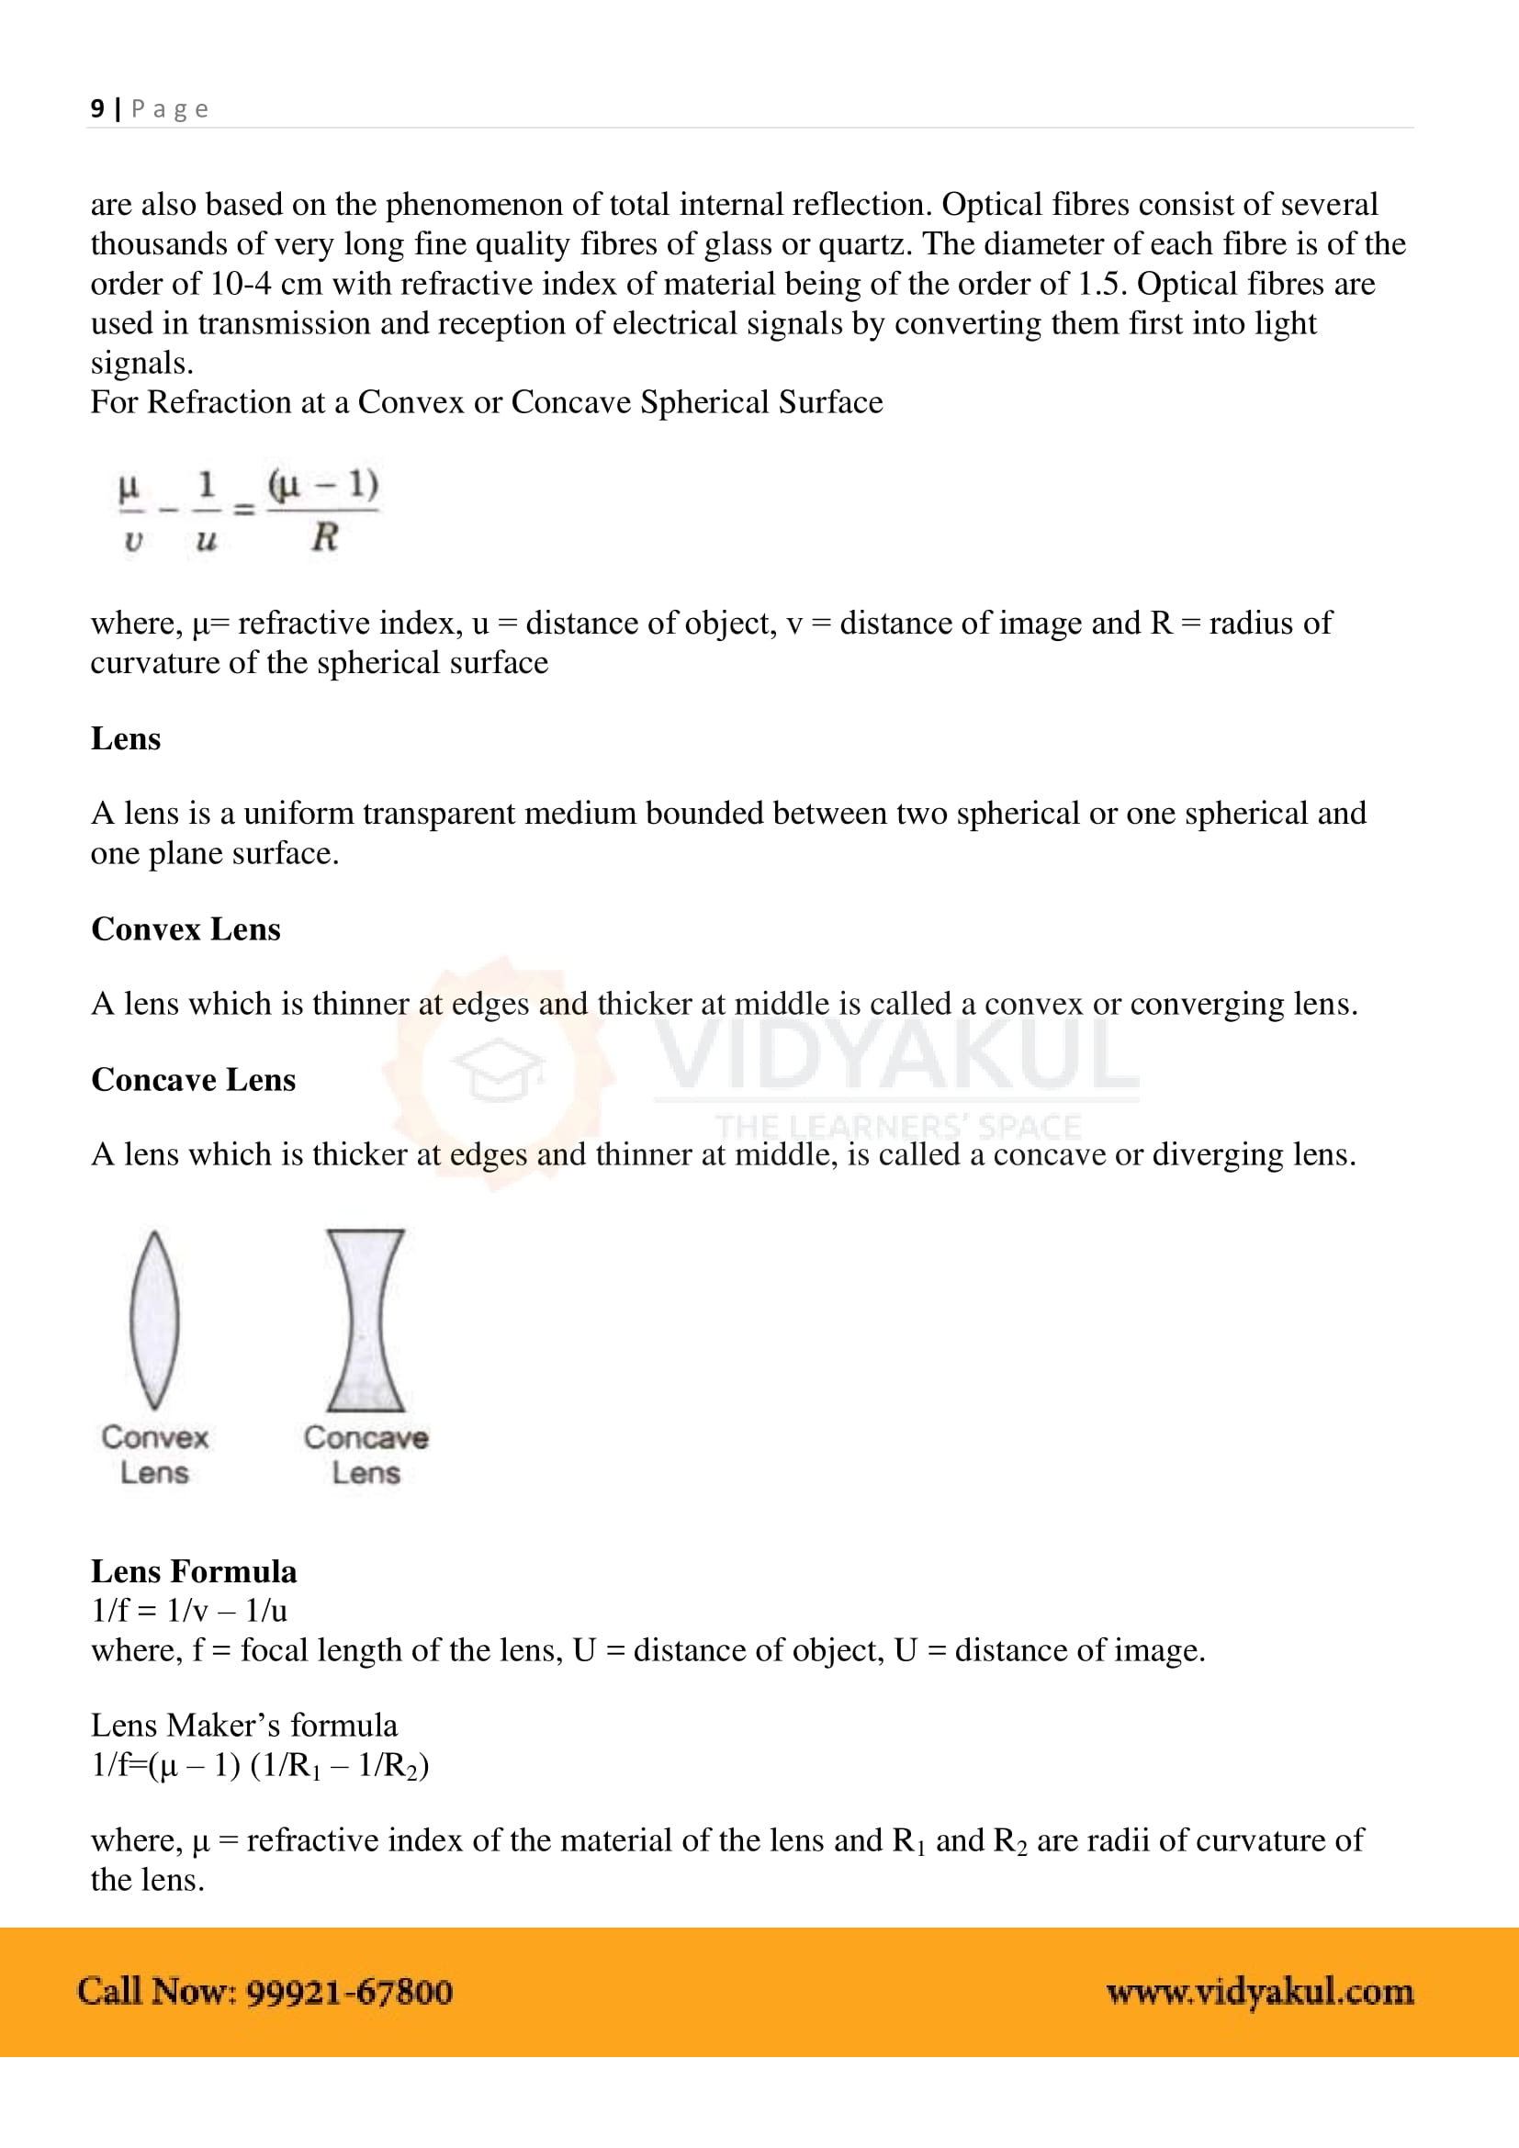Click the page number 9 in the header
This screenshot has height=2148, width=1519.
coord(97,108)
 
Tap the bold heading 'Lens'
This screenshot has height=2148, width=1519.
coord(125,738)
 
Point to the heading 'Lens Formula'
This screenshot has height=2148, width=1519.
coord(194,1570)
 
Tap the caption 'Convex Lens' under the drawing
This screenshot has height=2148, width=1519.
coord(154,1455)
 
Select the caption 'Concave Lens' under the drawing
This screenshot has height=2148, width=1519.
coord(365,1455)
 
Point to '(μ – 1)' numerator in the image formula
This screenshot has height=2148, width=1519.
coord(322,485)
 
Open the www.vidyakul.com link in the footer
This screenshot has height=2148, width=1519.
coord(1259,1992)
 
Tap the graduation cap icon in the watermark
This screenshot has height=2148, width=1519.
coord(498,1069)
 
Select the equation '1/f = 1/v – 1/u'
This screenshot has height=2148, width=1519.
coord(189,1610)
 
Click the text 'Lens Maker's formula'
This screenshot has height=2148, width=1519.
coord(244,1725)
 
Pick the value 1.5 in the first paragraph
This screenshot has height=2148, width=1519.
coord(1098,284)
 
